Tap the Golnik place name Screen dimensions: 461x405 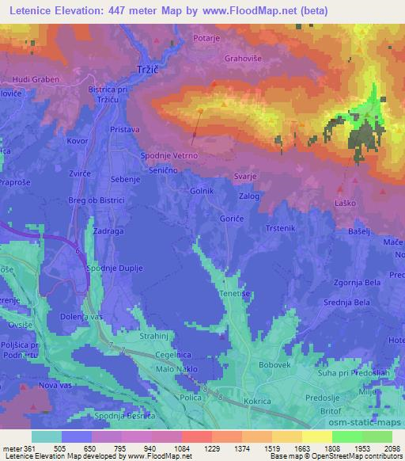coord(202,191)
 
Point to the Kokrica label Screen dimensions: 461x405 coord(237,402)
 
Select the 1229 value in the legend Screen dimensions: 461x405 coord(195,448)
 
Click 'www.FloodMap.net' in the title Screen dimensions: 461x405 coord(252,10)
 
